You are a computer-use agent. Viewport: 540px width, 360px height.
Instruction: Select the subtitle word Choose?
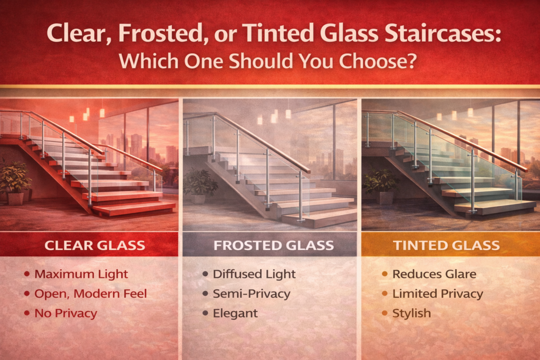pos(378,61)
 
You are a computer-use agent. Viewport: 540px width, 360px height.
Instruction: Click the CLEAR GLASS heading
pos(95,246)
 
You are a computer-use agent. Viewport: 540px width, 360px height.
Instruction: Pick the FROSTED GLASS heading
pos(274,246)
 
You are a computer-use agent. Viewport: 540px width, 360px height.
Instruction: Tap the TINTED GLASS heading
pos(446,246)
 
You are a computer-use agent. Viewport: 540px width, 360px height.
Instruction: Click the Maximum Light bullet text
pos(81,274)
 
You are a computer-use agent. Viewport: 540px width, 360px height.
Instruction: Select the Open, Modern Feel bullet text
pos(91,294)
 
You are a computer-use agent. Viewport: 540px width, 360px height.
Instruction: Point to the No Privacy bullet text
pos(66,313)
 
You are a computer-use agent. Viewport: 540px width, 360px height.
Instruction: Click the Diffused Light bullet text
pos(254,274)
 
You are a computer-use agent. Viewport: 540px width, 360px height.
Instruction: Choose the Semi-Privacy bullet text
pos(252,294)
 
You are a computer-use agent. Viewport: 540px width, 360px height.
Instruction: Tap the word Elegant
pos(235,313)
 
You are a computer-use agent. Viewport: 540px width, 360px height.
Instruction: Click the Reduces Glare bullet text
pos(435,274)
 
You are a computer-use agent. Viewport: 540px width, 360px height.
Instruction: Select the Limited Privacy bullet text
pos(438,294)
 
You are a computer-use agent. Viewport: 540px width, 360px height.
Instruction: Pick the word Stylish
pos(411,313)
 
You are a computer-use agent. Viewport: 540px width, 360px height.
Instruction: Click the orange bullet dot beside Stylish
pos(384,313)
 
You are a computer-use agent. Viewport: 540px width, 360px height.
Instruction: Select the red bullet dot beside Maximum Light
pos(27,274)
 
